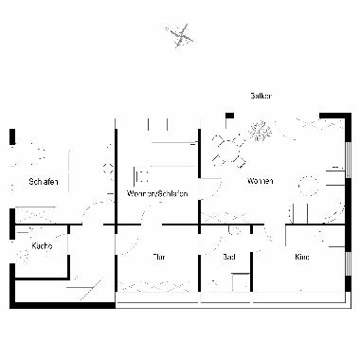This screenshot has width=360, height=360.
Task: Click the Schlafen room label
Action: (45, 181)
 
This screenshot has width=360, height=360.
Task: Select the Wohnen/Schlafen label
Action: (157, 194)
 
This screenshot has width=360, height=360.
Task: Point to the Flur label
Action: (160, 257)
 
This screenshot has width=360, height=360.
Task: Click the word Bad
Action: (227, 257)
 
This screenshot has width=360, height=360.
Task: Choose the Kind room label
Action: (301, 257)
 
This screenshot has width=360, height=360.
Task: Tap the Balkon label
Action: (261, 97)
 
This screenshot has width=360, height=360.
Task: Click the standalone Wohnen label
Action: (260, 181)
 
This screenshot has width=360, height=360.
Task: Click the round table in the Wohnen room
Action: (307, 184)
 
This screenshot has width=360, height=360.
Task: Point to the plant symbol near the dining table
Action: (260, 132)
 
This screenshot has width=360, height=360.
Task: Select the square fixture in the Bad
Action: (240, 281)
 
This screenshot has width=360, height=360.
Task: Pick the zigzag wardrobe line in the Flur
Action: (156, 286)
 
